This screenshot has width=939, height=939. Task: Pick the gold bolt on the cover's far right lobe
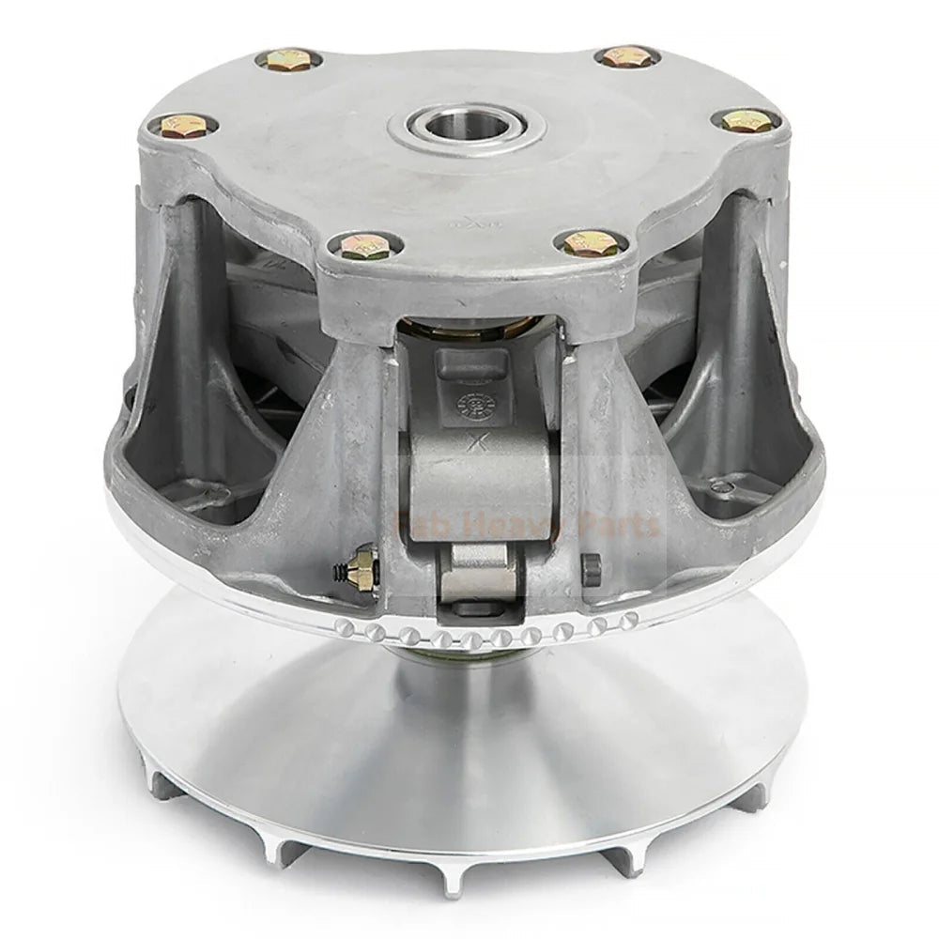(746, 121)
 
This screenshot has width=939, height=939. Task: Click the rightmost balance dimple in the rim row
(631, 617)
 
